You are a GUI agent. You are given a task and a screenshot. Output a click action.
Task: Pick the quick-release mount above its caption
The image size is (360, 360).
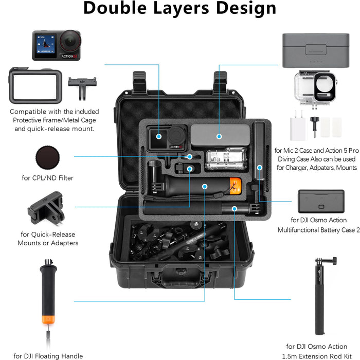(46, 208)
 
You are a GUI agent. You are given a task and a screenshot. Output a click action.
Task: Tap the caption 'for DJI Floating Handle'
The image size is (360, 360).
(48, 356)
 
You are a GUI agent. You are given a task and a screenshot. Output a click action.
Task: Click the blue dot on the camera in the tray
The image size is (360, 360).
(158, 137)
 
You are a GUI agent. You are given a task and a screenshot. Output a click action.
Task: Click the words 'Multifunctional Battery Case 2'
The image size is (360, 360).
(316, 230)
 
